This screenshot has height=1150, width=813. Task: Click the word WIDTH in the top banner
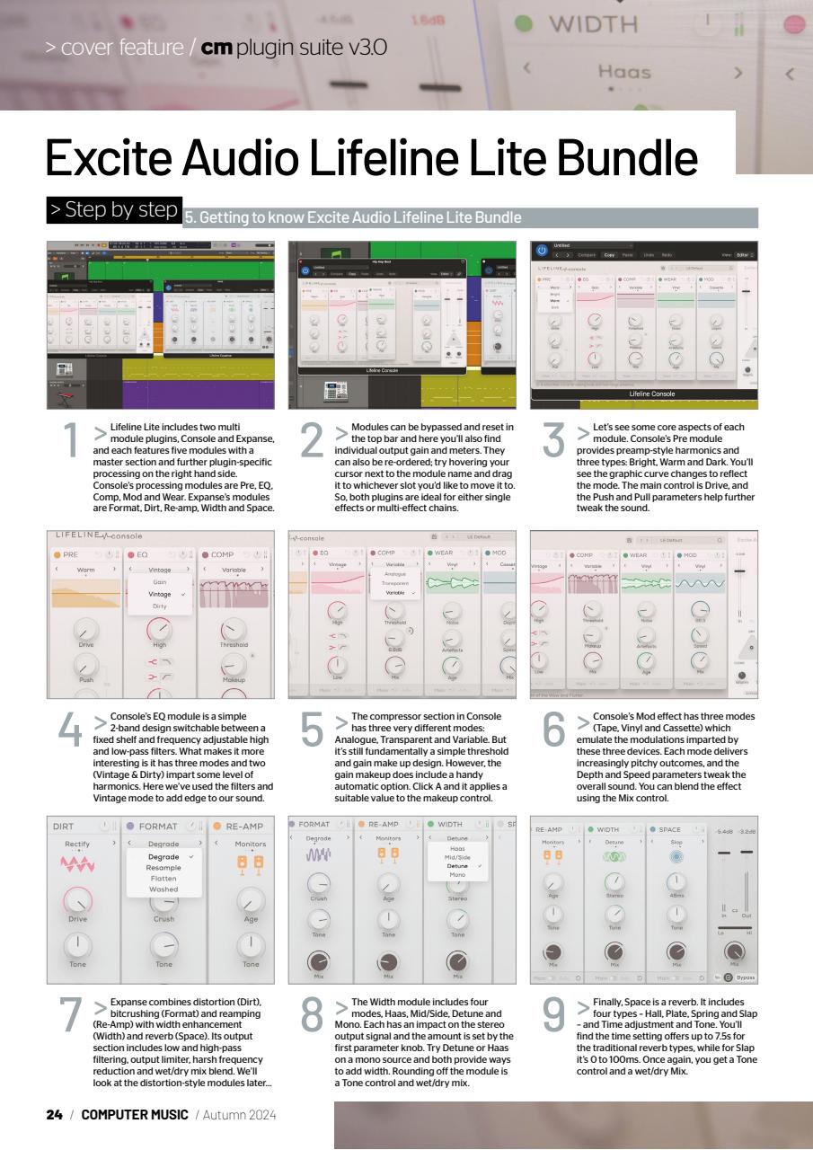(x=593, y=23)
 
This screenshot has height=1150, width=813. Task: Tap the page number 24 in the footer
(x=54, y=1115)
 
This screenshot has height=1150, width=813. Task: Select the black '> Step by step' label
(x=113, y=210)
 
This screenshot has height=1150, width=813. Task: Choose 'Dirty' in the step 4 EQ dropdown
(x=159, y=606)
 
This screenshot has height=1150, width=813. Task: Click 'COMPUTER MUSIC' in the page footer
(x=134, y=1115)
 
